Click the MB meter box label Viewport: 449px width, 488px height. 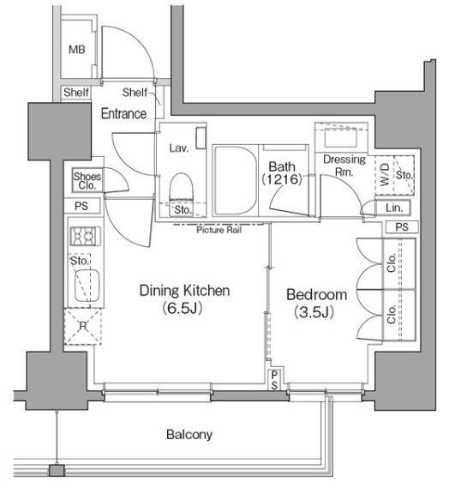(77, 49)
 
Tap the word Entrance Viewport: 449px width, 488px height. (123, 113)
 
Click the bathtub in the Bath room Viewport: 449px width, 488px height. (236, 181)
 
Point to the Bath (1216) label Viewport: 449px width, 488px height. (282, 172)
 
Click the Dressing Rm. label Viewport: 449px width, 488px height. (344, 165)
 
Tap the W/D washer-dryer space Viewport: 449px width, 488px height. (385, 175)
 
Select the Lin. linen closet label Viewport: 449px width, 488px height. (394, 208)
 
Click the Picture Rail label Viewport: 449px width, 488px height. (219, 230)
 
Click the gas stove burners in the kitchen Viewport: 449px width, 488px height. (86, 236)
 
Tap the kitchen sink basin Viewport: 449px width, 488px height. (87, 286)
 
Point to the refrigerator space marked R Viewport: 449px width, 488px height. (83, 326)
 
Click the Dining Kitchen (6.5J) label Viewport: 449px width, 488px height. (184, 298)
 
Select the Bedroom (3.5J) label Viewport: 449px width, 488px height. (316, 303)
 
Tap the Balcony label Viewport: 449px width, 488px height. (189, 434)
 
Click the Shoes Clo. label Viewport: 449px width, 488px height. (87, 181)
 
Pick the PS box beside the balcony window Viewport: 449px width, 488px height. (274, 380)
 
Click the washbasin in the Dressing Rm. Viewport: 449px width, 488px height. (340, 137)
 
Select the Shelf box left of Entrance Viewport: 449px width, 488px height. (76, 93)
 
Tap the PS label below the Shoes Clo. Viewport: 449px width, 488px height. (81, 206)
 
